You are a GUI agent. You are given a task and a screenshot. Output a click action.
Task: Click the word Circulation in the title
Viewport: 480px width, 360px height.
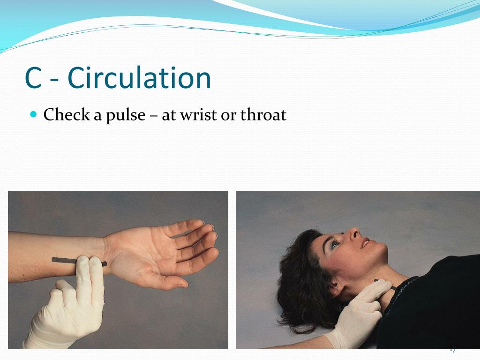tap(139, 78)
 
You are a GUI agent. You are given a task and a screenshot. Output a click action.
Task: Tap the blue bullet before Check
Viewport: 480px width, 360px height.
tap(33, 114)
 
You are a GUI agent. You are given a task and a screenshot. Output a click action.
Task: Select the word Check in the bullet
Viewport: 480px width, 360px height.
tap(66, 114)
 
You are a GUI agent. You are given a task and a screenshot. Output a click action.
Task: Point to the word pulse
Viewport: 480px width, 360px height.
tap(125, 115)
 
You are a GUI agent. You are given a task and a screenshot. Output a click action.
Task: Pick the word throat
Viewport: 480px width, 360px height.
tap(263, 115)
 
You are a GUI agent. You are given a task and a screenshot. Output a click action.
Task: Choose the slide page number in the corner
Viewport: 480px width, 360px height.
tap(452, 349)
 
